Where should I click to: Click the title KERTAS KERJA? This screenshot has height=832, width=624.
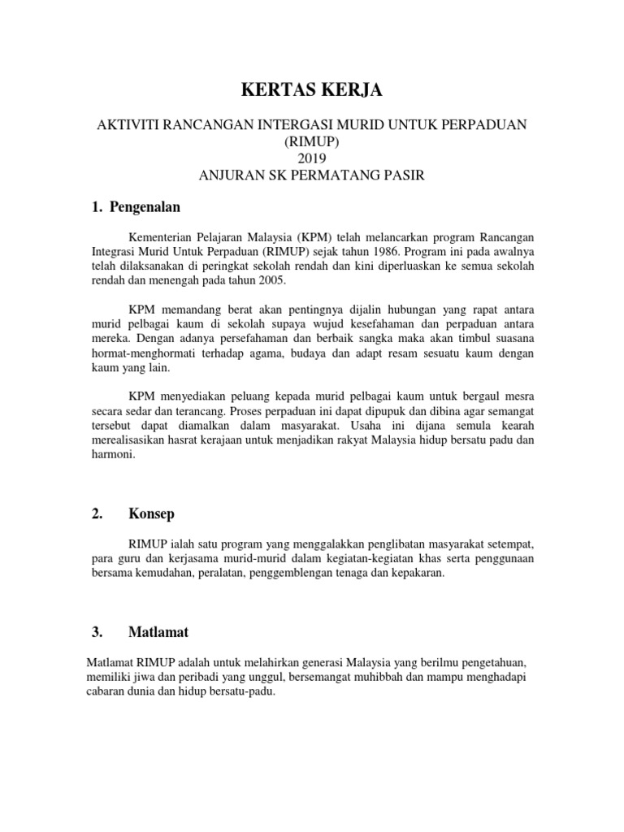pyautogui.click(x=313, y=92)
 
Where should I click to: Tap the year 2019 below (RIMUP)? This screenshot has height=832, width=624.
pyautogui.click(x=312, y=158)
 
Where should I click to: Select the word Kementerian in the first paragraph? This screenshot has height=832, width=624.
pyautogui.click(x=162, y=236)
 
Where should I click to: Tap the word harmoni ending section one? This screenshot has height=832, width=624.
pyautogui.click(x=110, y=455)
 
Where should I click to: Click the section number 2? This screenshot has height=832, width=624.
pyautogui.click(x=97, y=513)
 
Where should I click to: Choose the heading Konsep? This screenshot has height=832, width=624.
pyautogui.click(x=151, y=513)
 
